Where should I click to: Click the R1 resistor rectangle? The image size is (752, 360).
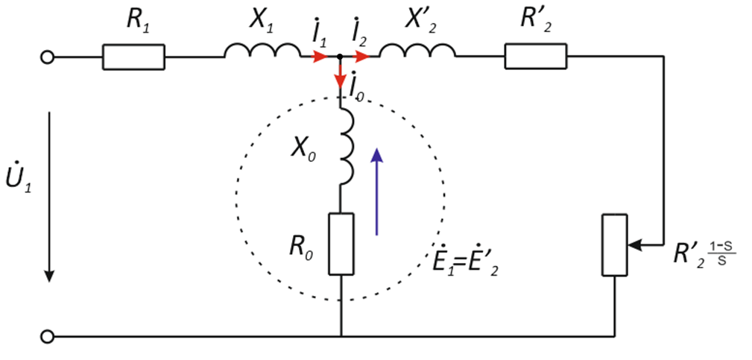coord(133,57)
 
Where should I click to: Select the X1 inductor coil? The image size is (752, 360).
coord(261,51)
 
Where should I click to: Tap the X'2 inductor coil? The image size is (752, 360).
coord(417,51)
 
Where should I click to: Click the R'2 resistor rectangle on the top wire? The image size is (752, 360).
coord(535,57)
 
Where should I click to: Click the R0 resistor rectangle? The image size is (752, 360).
coord(341,243)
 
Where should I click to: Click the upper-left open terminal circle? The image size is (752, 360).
coord(48,57)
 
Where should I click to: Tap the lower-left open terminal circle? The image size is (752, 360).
coord(48,337)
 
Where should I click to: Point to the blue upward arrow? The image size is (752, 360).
coord(377,190)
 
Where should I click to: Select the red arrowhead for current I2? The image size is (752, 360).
coord(361,57)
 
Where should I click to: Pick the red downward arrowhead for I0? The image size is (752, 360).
coord(341,79)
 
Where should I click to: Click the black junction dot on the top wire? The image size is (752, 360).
coord(341,57)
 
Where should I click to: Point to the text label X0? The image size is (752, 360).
coord(302,146)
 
